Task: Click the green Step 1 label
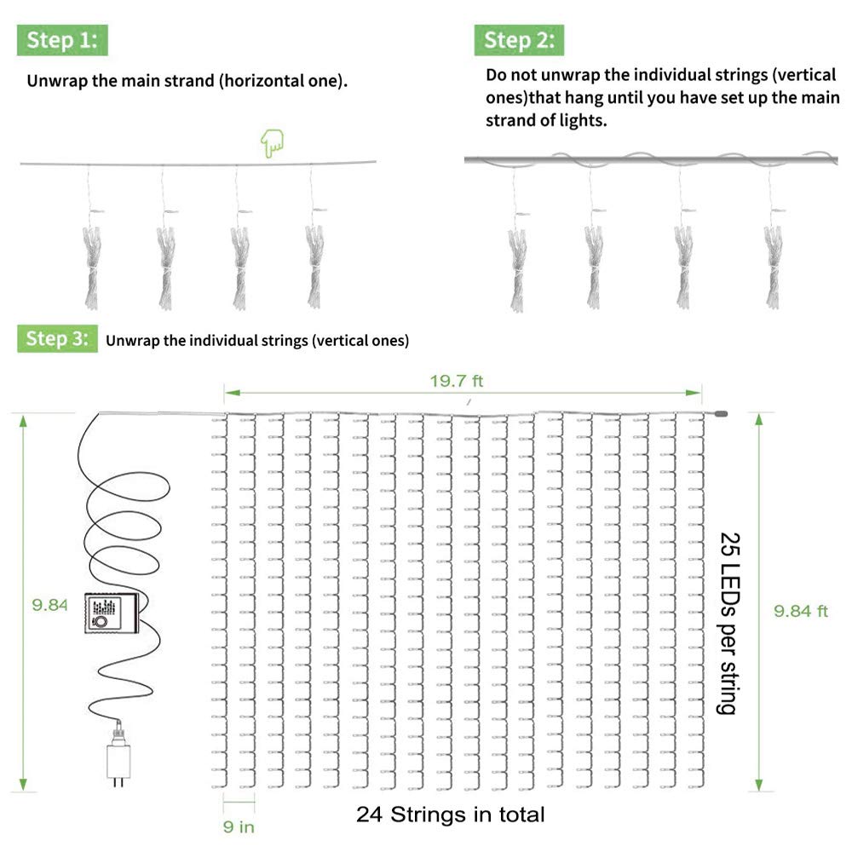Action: click(x=62, y=40)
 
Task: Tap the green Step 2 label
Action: click(x=519, y=40)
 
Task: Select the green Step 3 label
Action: click(x=57, y=338)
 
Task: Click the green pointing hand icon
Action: click(x=273, y=143)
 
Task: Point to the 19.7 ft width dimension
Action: click(x=456, y=381)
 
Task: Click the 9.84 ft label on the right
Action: click(x=800, y=611)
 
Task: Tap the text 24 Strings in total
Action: click(x=450, y=814)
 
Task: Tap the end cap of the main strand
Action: click(x=721, y=414)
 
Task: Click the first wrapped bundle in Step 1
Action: click(x=91, y=264)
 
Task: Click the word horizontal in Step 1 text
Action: click(x=256, y=82)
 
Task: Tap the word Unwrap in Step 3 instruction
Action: click(x=132, y=341)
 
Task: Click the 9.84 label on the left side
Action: click(x=49, y=605)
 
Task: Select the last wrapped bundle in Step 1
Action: click(x=316, y=264)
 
